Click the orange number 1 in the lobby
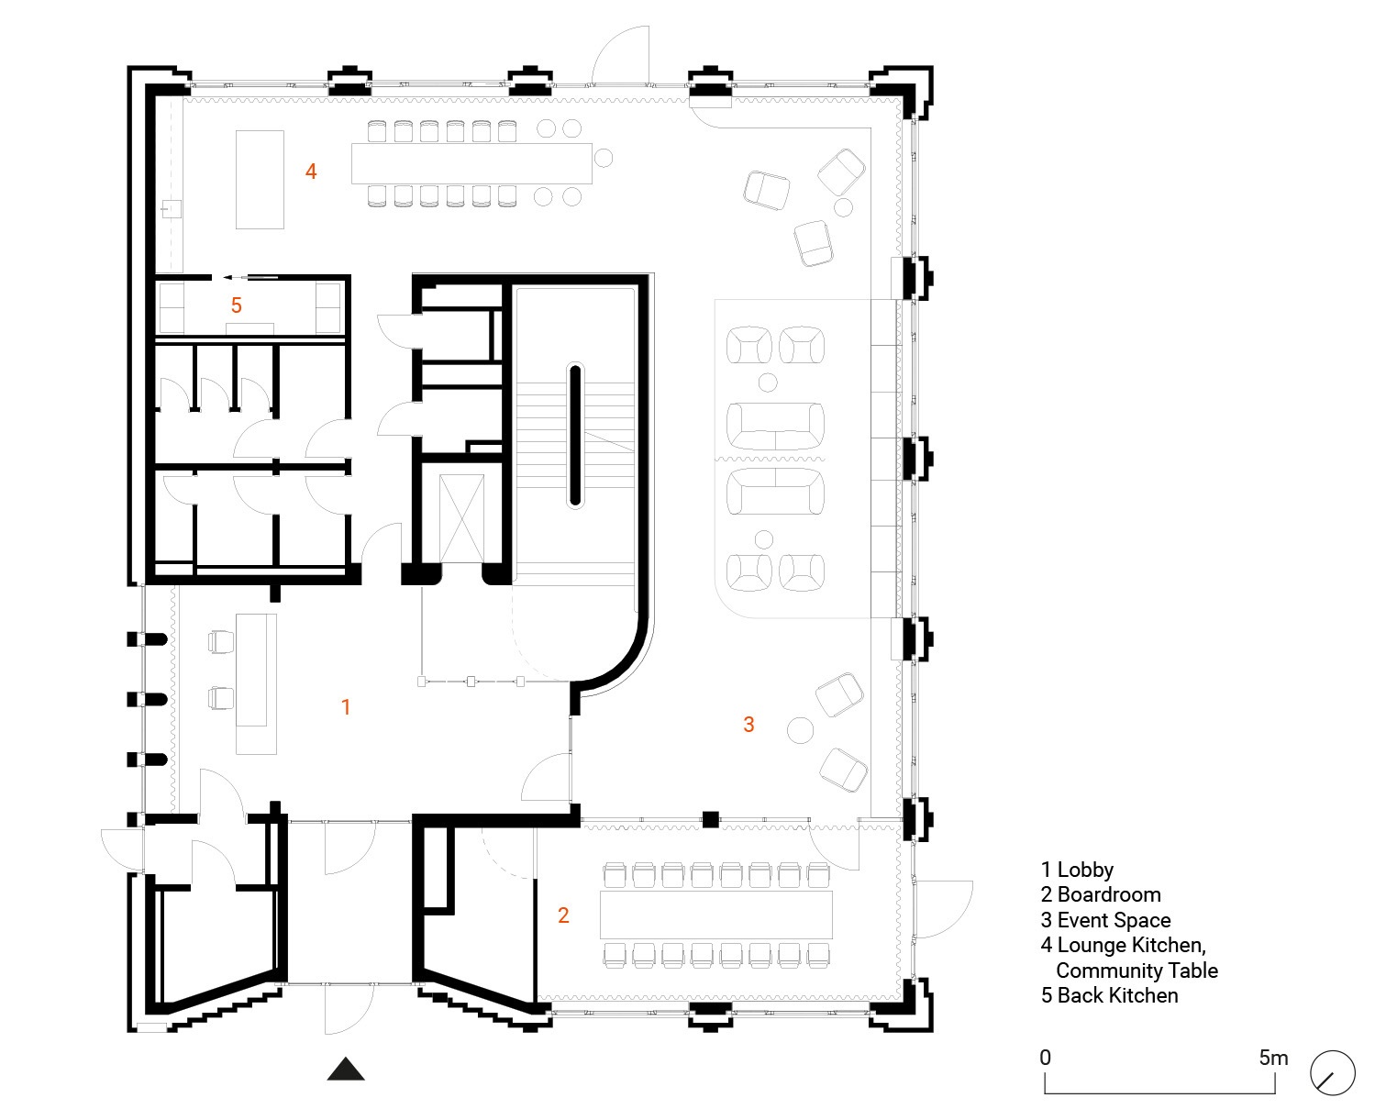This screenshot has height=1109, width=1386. [x=346, y=706]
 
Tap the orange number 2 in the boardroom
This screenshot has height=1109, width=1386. [x=563, y=915]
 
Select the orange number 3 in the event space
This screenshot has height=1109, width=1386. [x=748, y=724]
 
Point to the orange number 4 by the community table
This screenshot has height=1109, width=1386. [x=311, y=172]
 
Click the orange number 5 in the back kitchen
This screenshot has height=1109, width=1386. [x=237, y=305]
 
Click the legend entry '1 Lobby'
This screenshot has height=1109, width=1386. [x=1078, y=870]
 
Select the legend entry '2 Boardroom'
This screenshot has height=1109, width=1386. [x=1101, y=894]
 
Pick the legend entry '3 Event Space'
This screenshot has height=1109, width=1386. [x=1106, y=920]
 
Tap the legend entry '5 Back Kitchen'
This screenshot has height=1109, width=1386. [x=1110, y=995]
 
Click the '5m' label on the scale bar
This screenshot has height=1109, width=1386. [x=1273, y=1058]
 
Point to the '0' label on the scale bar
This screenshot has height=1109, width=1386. [x=1046, y=1058]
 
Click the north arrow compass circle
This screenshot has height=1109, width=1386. [x=1333, y=1072]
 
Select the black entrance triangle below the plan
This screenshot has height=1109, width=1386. [x=346, y=1069]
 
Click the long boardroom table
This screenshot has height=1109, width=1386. [x=716, y=915]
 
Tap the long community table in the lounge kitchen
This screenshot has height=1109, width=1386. [x=471, y=163]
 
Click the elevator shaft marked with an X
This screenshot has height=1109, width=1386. [x=461, y=518]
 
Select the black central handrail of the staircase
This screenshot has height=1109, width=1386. [x=575, y=436]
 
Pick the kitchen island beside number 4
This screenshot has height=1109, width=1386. [x=260, y=180]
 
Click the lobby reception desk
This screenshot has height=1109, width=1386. [x=256, y=683]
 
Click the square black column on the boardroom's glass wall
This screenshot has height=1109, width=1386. [x=710, y=819]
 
